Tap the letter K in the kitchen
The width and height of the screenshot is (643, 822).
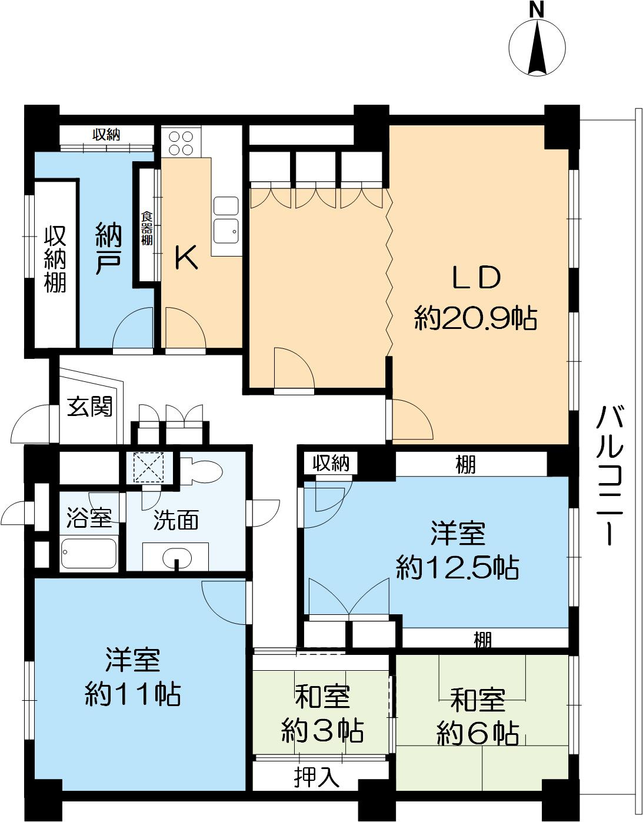click(187, 258)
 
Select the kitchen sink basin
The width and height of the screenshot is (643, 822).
click(226, 229)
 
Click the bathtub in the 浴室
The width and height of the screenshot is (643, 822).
click(89, 553)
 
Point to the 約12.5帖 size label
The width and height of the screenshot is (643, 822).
click(457, 568)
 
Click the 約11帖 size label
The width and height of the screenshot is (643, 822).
click(133, 694)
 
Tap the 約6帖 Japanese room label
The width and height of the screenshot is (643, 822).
click(478, 733)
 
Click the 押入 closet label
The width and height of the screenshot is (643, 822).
click(317, 778)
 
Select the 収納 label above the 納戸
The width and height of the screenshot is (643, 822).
click(106, 135)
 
